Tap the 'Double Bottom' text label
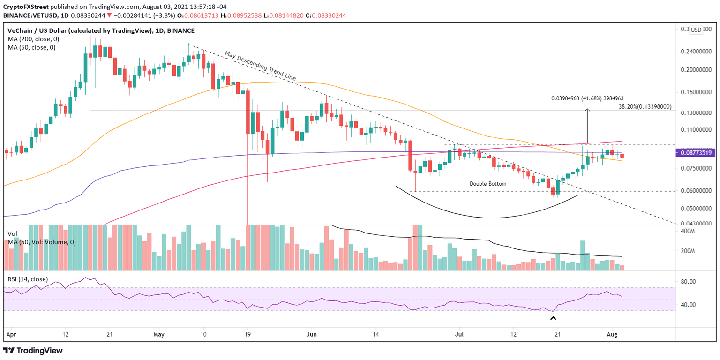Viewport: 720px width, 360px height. point(488,184)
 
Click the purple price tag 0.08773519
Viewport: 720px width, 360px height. point(695,153)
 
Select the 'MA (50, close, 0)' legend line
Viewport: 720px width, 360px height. point(30,47)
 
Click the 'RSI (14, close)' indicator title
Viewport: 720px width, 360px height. point(28,279)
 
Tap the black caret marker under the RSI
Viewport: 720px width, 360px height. point(553,319)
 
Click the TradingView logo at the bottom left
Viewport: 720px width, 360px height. point(33,351)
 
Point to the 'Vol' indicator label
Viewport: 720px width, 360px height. point(12,233)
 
